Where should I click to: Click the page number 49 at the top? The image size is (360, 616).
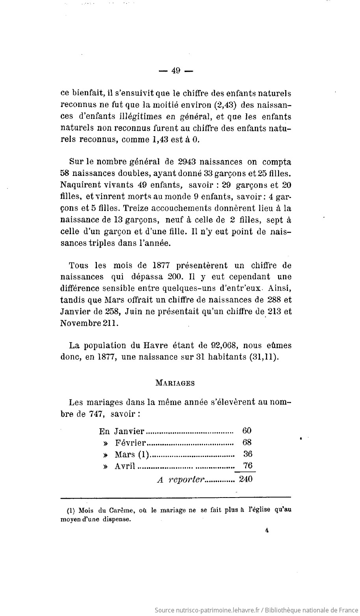(x=176, y=71)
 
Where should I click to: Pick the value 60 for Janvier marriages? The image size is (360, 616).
(x=247, y=431)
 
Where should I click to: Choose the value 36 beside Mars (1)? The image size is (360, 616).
(x=247, y=454)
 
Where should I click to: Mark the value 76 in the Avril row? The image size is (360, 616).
(x=247, y=466)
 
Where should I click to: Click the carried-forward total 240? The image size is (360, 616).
(x=245, y=480)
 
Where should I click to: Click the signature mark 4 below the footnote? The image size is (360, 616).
(x=267, y=531)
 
